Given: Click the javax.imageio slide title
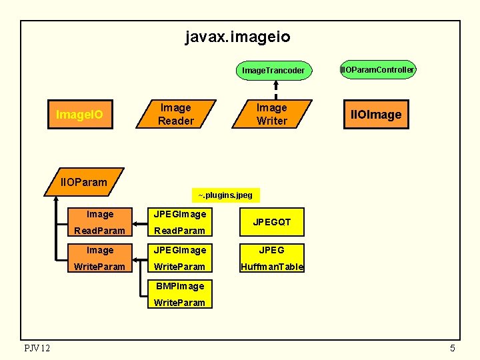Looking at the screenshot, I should [x=238, y=37].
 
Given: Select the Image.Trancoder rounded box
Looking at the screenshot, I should [x=273, y=70].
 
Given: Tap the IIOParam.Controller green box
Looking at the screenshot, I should [x=377, y=69].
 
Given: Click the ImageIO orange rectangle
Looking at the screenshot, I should [x=79, y=115].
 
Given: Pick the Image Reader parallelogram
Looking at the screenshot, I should [x=176, y=114].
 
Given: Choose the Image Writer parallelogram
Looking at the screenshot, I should [x=272, y=114].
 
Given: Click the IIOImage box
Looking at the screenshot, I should [x=376, y=115].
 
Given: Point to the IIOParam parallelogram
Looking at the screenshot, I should [x=84, y=181].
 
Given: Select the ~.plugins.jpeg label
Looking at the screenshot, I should [x=225, y=195].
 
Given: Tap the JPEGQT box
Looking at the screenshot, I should [x=272, y=222].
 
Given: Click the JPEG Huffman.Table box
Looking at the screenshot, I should [x=272, y=259].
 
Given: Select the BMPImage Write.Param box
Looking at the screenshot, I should [x=179, y=294].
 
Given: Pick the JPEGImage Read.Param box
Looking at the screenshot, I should [x=179, y=223].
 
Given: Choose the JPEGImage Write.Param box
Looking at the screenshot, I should [x=179, y=259].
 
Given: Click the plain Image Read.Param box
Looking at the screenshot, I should [x=100, y=223].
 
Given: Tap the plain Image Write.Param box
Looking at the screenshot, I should [x=100, y=259].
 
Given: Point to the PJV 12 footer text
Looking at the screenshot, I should [x=37, y=347].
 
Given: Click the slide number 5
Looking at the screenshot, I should [x=452, y=348].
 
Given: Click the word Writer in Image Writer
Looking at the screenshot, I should [x=272, y=121].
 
